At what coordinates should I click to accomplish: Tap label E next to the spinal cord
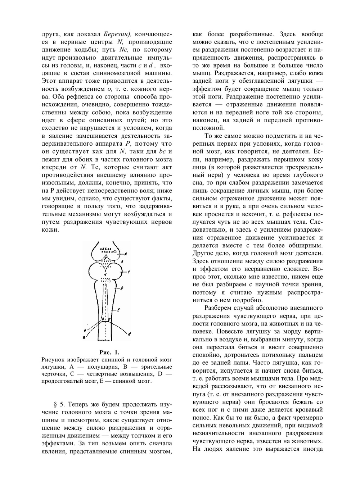click(119, 309)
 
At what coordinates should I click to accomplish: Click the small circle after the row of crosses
click(114, 251)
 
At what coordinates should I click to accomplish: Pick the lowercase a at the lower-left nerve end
click(84, 337)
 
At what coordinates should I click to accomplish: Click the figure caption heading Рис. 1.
click(109, 351)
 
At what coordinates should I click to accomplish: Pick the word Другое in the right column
click(203, 253)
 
